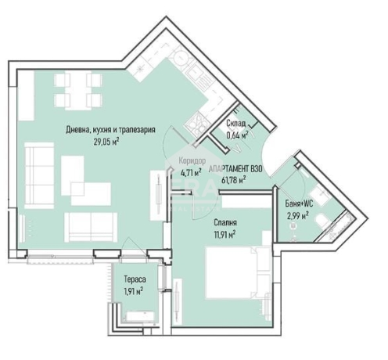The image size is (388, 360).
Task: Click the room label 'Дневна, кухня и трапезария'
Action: tap(110, 130)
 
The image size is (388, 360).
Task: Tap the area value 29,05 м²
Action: tap(106, 142)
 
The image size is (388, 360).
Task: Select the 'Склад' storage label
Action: tap(235, 123)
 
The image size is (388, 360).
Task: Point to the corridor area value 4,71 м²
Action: tap(191, 172)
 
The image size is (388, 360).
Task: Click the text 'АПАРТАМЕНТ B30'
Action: tap(235, 169)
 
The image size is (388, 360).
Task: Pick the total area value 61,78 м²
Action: tap(233, 180)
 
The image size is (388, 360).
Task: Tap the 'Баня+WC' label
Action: tap(299, 203)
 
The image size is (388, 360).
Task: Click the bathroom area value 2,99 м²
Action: tap(298, 215)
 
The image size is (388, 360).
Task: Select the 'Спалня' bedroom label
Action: tap(225, 222)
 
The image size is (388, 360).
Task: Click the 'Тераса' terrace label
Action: tap(135, 279)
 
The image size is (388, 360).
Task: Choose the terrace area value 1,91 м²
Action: tap(134, 291)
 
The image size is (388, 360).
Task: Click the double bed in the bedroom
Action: tap(239, 272)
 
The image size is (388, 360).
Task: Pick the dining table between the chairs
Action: tap(78, 90)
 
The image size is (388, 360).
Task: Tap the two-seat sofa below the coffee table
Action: tap(91, 227)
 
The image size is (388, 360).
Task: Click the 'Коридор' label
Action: tap(192, 161)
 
